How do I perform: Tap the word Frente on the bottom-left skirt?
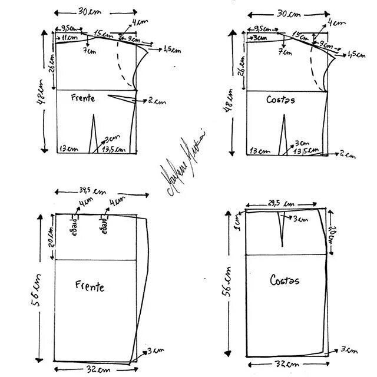coord(90,286)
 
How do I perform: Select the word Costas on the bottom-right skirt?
coord(285,280)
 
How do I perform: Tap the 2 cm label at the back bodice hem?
coord(348,156)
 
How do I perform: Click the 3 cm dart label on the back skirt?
coord(300,220)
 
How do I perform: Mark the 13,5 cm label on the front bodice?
coord(113,150)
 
